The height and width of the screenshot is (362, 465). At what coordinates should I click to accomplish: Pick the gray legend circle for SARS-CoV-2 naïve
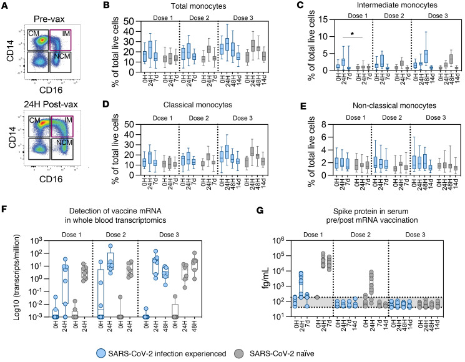coord(286,352)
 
